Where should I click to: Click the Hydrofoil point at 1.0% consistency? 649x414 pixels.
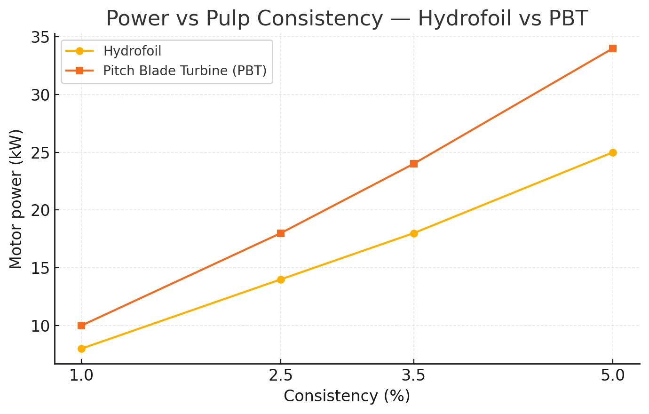81,349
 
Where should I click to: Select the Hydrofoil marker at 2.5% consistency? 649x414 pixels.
281,279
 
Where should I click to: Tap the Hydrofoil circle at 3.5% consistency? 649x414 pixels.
414,233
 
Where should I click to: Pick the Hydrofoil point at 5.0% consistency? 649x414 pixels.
613,152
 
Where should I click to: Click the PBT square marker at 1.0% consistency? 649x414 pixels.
81,326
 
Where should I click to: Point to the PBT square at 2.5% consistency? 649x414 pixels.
281,233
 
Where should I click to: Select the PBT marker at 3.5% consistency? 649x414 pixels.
414,164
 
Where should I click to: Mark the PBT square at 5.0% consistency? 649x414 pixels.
613,48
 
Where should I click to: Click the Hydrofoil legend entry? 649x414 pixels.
132,51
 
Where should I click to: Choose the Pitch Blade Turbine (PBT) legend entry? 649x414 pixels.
184,71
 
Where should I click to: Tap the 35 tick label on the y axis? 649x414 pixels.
40,37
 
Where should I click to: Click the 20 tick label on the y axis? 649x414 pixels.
40,210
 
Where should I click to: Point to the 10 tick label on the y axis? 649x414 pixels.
40,326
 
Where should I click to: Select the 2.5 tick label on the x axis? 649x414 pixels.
281,376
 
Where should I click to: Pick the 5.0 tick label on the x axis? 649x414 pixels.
613,376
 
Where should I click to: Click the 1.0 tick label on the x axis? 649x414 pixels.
81,376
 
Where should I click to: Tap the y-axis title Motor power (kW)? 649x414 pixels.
16,199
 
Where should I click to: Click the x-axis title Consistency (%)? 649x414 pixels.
347,396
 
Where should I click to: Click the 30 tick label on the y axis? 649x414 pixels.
40,95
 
